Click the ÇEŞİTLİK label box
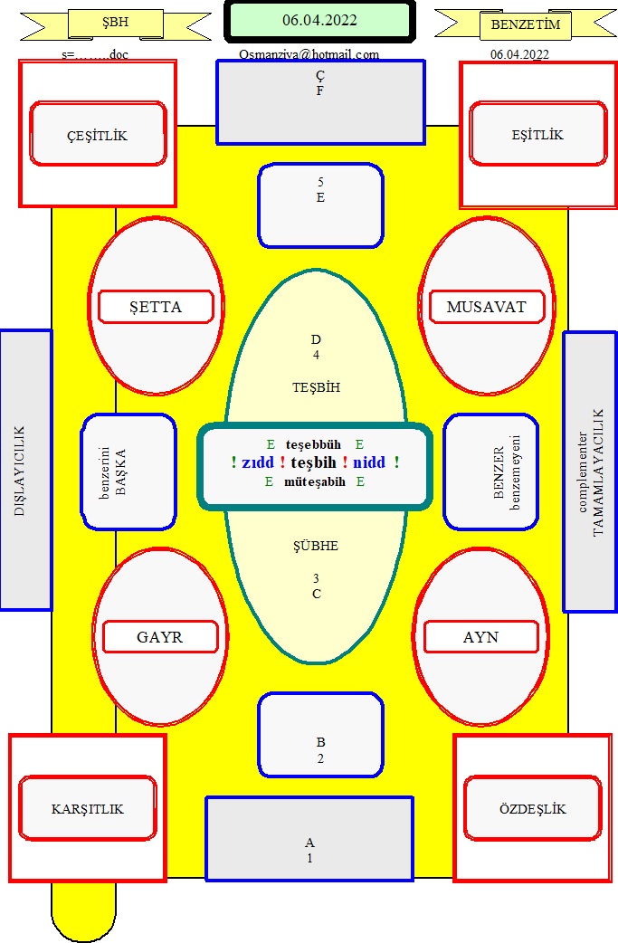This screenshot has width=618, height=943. click(x=98, y=134)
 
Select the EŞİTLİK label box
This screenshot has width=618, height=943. click(x=538, y=134)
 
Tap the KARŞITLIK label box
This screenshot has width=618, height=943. click(x=88, y=808)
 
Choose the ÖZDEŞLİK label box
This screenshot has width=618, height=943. click(x=533, y=808)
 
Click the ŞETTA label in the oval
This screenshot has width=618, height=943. click(x=156, y=307)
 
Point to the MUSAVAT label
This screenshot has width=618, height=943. click(x=486, y=307)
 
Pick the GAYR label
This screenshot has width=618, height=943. click(x=160, y=637)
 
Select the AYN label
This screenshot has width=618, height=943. click(x=481, y=637)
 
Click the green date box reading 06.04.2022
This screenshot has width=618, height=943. click(x=319, y=21)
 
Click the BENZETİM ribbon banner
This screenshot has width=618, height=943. click(x=526, y=25)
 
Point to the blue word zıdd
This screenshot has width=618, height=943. click(x=257, y=462)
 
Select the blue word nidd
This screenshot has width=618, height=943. click(x=369, y=462)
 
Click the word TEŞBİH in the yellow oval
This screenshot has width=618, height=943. click(x=316, y=387)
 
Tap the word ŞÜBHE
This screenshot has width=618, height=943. click(x=316, y=546)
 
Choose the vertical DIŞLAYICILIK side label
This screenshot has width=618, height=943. click(x=20, y=471)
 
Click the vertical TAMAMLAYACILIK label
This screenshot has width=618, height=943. click(x=597, y=472)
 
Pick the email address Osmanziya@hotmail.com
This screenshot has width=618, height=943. click(x=309, y=54)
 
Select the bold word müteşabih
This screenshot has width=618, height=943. click(x=314, y=481)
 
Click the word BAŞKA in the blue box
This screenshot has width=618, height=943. click(x=121, y=472)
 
